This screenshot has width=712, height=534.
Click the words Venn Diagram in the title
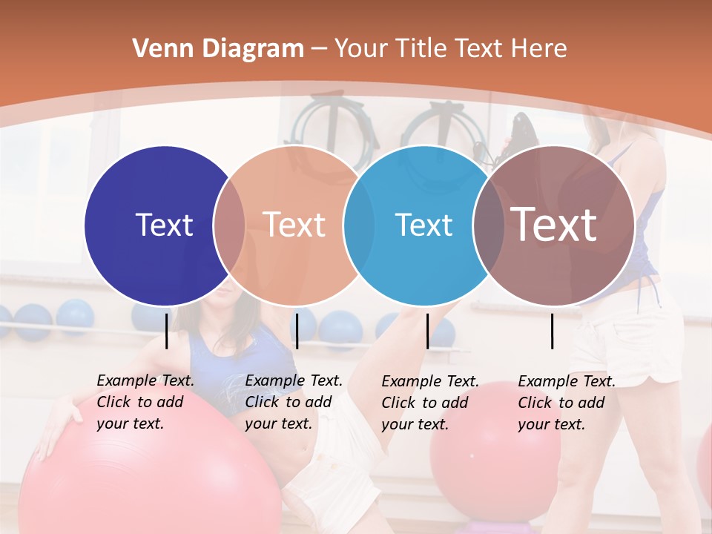pos(218,49)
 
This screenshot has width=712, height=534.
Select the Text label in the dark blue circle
pos(164,225)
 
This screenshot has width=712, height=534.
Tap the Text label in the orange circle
pos(294,225)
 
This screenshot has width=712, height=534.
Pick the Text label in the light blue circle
pos(423,225)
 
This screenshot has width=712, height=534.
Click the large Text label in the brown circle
pos(553,224)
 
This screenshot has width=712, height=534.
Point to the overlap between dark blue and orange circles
pos(229,225)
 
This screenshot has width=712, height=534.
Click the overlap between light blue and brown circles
pos(487,225)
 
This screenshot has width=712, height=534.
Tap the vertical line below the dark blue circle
pos(166,331)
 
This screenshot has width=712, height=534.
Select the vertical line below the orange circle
pos(297,331)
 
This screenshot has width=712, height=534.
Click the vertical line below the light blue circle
pos(427,331)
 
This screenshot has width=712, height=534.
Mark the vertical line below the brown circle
pos(553,331)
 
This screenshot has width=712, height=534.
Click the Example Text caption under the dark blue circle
pos(145,402)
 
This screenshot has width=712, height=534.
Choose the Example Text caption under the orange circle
pos(293,402)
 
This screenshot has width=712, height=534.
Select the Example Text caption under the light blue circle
pos(429,403)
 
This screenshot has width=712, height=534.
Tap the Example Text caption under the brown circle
pos(566,403)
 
